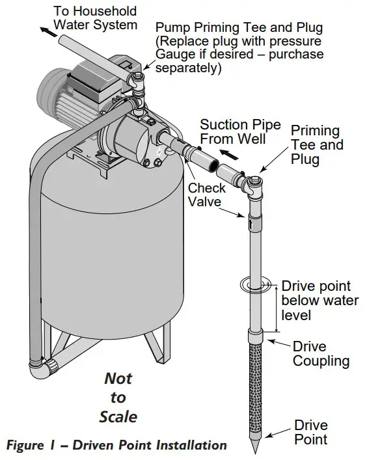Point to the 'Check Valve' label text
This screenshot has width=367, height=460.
pos(206,195)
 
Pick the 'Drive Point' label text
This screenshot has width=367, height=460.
pos(310,432)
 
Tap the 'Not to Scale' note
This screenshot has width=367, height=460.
pos(118,397)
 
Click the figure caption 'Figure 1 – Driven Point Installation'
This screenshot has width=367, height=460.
pos(116,446)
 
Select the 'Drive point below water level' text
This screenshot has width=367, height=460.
pos(319,301)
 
